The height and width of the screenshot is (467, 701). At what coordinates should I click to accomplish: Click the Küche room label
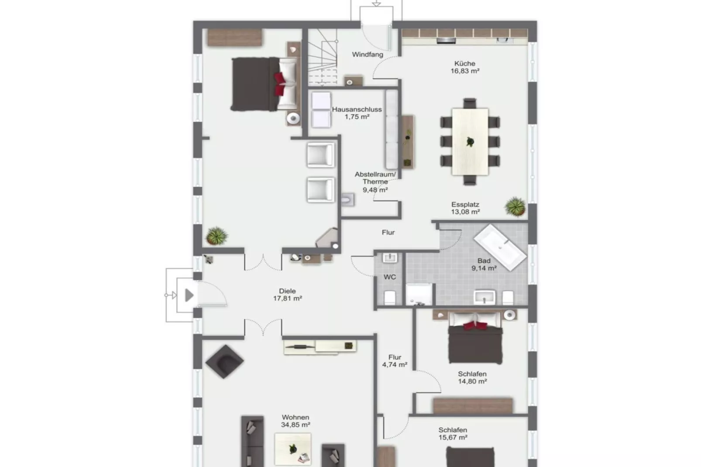(x=464, y=67)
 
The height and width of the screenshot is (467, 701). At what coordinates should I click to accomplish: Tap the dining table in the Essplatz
(x=470, y=141)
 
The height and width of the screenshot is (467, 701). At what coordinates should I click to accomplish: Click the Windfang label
(x=368, y=55)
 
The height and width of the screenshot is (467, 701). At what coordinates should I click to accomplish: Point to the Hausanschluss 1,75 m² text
(x=357, y=113)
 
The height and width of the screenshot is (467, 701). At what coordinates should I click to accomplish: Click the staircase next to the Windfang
(x=323, y=57)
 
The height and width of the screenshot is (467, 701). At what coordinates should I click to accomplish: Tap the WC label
(x=389, y=277)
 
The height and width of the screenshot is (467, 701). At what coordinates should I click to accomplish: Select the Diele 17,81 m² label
(x=287, y=295)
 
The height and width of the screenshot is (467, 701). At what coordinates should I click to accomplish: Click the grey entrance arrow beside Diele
(x=189, y=295)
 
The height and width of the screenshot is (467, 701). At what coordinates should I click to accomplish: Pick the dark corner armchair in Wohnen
(x=224, y=361)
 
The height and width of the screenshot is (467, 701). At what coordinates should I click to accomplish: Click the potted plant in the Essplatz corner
(x=515, y=206)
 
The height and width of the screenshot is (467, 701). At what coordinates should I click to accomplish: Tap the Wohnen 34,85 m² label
(x=296, y=421)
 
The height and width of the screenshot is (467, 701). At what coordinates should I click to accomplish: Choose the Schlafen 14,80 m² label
(x=472, y=378)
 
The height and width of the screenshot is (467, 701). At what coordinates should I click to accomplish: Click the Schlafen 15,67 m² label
(x=453, y=433)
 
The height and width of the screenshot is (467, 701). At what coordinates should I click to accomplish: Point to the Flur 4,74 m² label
(x=395, y=361)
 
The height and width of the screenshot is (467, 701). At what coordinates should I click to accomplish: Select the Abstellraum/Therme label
(x=375, y=182)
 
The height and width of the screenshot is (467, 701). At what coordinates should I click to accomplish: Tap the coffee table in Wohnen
(x=292, y=449)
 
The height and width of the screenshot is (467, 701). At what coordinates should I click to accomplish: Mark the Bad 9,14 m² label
(x=484, y=264)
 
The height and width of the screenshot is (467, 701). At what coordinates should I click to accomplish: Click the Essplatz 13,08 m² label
(x=465, y=208)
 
